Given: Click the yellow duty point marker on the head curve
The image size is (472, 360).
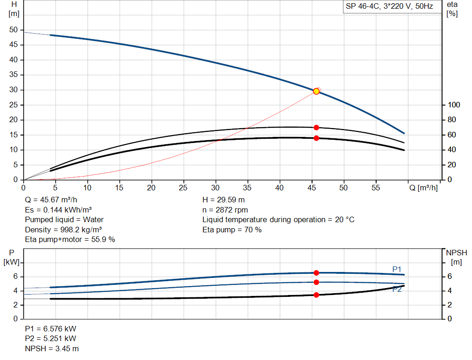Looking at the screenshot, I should [x=316, y=91].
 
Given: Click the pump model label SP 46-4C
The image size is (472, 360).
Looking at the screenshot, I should [x=389, y=7].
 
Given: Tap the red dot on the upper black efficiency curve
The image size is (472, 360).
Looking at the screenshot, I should [x=316, y=128].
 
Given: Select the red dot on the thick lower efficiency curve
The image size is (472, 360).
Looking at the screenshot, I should [x=316, y=138].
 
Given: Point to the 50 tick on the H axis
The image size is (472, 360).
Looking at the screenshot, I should [x=14, y=30].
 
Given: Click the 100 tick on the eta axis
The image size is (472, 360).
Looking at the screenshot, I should [x=454, y=105].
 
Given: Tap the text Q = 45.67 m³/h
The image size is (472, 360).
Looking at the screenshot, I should [x=51, y=200].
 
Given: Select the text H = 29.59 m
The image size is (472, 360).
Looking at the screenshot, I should [x=224, y=200].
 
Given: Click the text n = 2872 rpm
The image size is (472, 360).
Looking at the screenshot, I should [x=225, y=210].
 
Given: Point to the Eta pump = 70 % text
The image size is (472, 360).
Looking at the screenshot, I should [x=232, y=230].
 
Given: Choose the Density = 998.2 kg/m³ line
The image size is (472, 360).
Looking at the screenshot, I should [x=64, y=230].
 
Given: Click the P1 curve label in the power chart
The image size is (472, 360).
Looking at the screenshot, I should [x=397, y=269].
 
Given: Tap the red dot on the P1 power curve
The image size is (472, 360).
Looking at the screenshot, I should [x=316, y=273].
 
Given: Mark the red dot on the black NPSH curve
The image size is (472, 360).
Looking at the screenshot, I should [x=316, y=295].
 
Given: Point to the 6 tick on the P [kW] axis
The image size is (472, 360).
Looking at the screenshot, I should [x=15, y=277].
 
